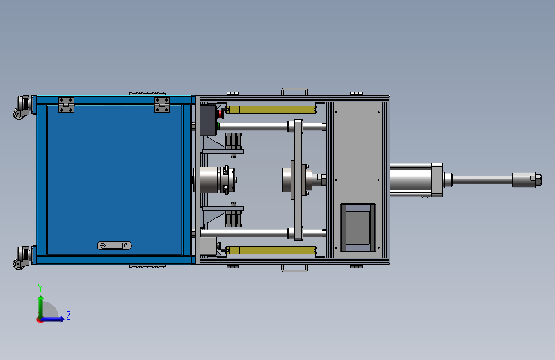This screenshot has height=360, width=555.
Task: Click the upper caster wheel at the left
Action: pyautogui.click(x=22, y=107)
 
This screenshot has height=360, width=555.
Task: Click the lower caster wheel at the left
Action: pyautogui.click(x=22, y=258)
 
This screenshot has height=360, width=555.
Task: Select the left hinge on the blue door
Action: pyautogui.click(x=66, y=105)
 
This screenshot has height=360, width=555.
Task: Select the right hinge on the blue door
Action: pyautogui.click(x=162, y=105)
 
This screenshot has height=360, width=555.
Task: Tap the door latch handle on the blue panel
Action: pyautogui.click(x=114, y=245)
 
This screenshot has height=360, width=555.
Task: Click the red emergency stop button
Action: pyautogui.click(x=220, y=114)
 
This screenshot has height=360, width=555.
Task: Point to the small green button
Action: pyautogui.click(x=218, y=126)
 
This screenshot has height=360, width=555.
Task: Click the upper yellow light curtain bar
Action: pyautogui.click(x=271, y=110)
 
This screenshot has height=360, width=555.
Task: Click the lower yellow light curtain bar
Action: pyautogui.click(x=271, y=250)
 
